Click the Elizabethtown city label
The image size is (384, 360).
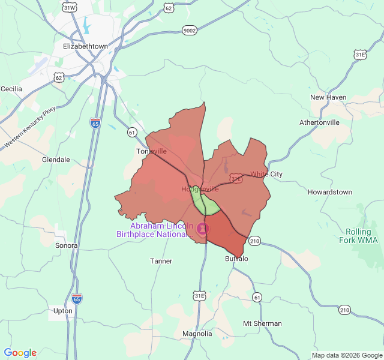click(85, 46)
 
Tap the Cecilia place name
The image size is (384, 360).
click(11, 89)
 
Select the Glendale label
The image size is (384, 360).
click(56, 160)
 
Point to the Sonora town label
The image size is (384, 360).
click(67, 245)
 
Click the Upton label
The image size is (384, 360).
click(63, 311)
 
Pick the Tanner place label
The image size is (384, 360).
click(161, 261)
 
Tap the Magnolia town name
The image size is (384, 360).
click(197, 334)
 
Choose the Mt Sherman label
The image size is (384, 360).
click(262, 323)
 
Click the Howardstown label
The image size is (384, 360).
click(330, 192)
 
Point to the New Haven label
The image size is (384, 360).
click(328, 97)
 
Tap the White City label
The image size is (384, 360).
click(266, 175)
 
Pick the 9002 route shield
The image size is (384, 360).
click(190, 29)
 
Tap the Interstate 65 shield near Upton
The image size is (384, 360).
click(77, 298)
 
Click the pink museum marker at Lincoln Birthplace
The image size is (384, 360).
click(203, 229)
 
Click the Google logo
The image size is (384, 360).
click(20, 353)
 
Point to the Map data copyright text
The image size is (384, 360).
click(346, 355)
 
